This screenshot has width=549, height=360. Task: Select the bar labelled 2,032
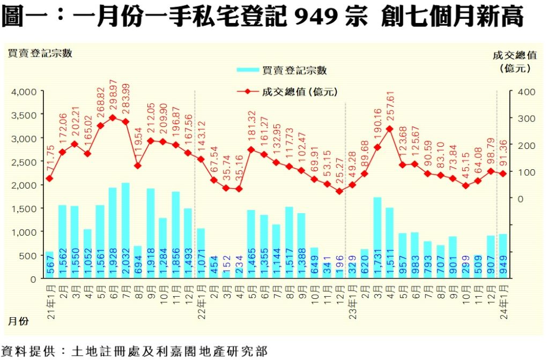tap(125, 230)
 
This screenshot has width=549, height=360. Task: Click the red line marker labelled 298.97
tap(113, 117)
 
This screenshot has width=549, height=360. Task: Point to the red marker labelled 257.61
tap(389, 129)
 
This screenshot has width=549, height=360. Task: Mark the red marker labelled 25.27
tap(339, 191)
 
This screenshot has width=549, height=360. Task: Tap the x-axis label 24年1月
tap(503, 302)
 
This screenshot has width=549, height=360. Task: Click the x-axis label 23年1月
tap(352, 302)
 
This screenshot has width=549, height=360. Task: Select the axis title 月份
tap(18, 321)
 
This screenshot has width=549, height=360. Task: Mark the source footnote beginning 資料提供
tap(134, 351)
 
